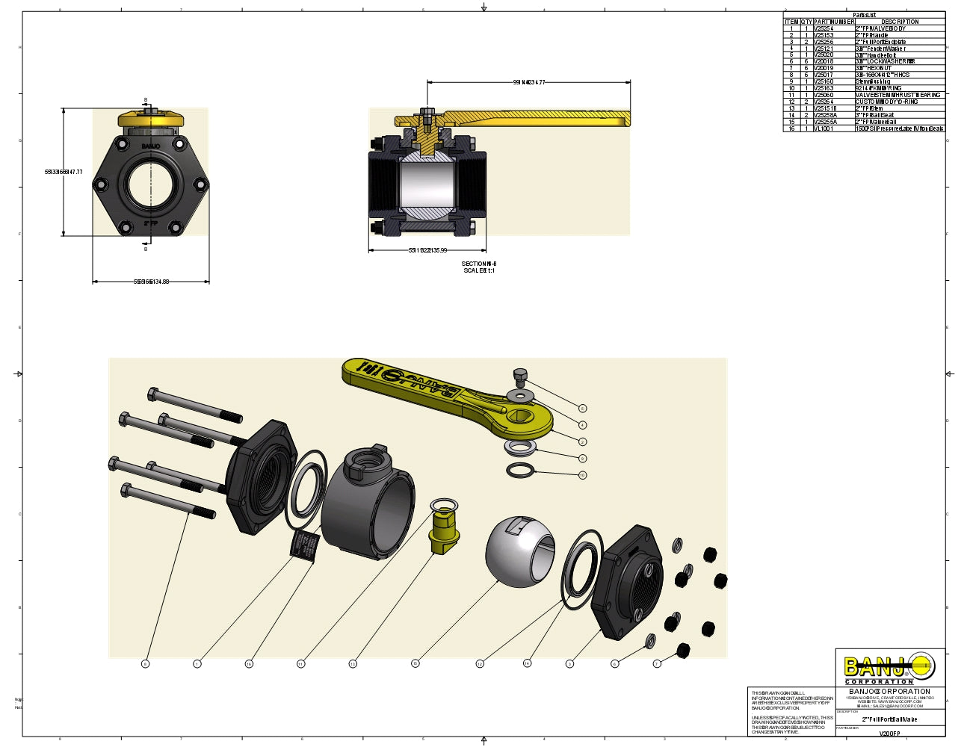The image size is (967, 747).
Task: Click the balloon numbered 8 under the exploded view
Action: point(145,664)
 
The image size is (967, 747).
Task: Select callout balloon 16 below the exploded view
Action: point(249,664)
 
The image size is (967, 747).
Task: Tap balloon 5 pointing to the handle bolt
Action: point(582,409)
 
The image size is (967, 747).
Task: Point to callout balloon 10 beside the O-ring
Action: point(582,475)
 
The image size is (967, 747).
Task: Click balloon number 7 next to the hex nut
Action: point(657,663)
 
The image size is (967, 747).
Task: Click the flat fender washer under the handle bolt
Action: point(519,394)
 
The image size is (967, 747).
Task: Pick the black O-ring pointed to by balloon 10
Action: point(521,471)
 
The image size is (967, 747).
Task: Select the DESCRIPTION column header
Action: point(900,22)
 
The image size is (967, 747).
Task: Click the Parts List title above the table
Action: point(864,15)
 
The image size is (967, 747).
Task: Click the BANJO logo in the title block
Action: point(889,667)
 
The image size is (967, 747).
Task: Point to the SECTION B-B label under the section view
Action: point(478,264)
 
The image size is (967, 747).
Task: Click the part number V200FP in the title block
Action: point(889,734)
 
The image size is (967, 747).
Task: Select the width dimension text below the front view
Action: point(151,282)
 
